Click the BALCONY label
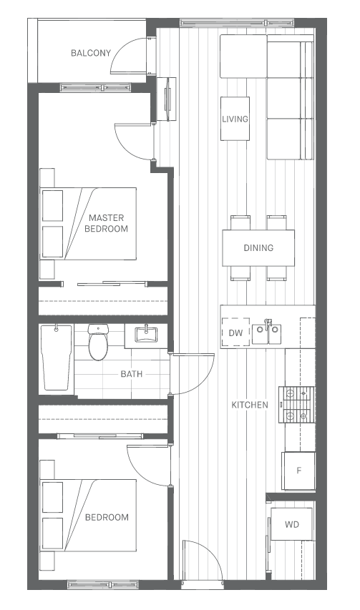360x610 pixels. [x=91, y=53]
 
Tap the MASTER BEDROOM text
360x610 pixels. [x=106, y=223]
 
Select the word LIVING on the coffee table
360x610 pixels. [x=235, y=119]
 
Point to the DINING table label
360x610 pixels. [x=258, y=248]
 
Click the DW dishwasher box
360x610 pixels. [x=235, y=333]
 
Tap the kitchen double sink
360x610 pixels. [x=266, y=334]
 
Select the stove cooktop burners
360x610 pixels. [x=296, y=405]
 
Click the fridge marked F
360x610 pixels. [x=298, y=471]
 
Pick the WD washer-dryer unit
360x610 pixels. [x=291, y=524]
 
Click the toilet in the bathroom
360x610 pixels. [x=97, y=343]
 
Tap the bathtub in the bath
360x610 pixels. [x=57, y=357]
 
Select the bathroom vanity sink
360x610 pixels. [x=146, y=335]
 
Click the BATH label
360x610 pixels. [x=132, y=374]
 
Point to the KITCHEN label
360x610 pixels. [x=250, y=405]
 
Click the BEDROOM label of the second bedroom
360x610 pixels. [x=107, y=518]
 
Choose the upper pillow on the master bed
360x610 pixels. [x=52, y=206]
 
